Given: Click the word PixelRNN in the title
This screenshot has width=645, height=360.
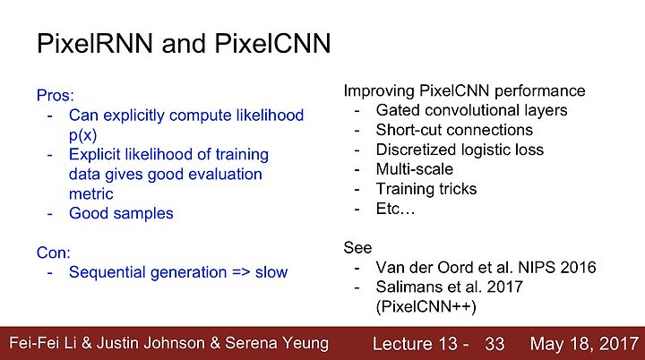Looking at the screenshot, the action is click(95, 43).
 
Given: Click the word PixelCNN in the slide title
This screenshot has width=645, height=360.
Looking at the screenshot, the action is click(272, 43).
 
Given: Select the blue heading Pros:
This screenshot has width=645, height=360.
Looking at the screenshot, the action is click(56, 96).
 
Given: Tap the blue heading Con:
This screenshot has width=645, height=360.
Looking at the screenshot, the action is click(54, 253).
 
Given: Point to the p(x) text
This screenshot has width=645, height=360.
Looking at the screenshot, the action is click(82, 135).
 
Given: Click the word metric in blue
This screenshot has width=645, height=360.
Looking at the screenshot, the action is click(90, 193).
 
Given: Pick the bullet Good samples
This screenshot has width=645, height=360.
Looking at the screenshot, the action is click(121, 213).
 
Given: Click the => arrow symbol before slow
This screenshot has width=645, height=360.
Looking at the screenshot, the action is click(241, 272).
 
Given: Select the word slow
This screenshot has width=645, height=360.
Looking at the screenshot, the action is click(271, 272).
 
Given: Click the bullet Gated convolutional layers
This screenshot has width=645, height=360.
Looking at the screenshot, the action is click(471, 110).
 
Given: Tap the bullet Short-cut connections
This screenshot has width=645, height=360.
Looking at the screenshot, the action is click(454, 130).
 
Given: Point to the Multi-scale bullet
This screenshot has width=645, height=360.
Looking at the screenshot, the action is click(414, 169).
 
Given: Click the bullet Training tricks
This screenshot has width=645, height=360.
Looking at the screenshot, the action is click(426, 189).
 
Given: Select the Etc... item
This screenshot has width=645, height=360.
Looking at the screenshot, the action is click(395, 209).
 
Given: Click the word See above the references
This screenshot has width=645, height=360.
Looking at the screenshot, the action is click(357, 248).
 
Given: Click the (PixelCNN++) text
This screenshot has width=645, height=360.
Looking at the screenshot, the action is click(426, 307).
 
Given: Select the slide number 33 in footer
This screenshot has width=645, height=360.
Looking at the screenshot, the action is click(494, 344).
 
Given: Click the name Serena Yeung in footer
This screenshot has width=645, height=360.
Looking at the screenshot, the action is click(277, 343).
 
